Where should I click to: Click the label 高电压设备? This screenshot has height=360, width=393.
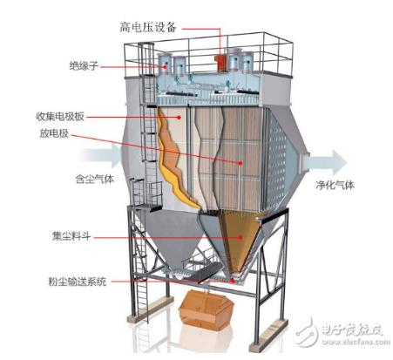148,27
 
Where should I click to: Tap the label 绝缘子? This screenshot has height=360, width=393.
84,66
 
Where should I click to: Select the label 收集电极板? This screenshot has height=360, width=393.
60,117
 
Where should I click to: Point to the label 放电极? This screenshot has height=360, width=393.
54,133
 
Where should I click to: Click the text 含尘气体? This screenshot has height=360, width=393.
94,179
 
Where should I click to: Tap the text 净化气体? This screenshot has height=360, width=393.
335,185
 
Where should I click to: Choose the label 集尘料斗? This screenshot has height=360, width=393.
71,236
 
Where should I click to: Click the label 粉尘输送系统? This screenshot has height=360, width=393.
78,282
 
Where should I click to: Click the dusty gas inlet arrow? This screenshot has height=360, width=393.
100,155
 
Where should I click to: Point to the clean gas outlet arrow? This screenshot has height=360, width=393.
325,163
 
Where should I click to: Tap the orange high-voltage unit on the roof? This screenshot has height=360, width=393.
221,63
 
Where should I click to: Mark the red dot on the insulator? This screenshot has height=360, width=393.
165,67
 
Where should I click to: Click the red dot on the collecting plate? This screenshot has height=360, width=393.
180,118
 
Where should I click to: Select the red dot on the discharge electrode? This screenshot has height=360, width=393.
241,163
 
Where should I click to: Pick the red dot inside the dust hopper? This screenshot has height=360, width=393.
241,237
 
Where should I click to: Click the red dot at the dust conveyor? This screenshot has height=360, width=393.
233,281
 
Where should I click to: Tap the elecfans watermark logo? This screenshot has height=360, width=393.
341,334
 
